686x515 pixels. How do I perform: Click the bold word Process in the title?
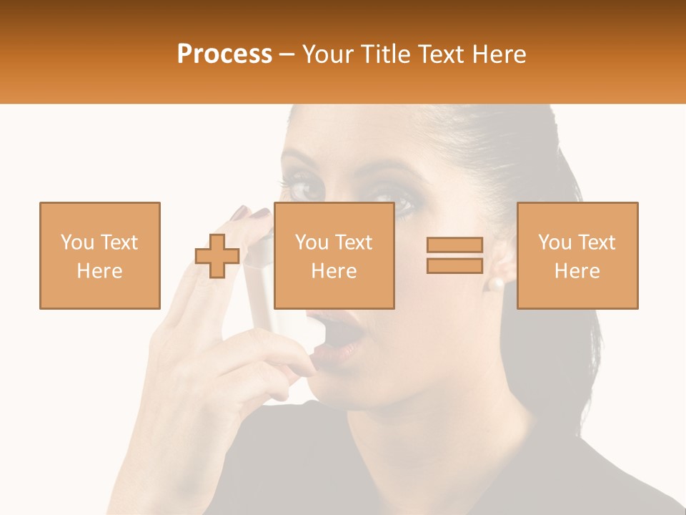pos(224,54)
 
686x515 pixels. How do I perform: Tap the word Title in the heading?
pos(385,54)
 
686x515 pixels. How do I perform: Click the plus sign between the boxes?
pos(217,256)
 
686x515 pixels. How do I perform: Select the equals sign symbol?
pos(454,255)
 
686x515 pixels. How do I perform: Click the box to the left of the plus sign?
pos(100,255)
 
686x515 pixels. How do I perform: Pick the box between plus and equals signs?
pos(334,255)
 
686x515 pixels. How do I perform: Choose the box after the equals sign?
pos(577,255)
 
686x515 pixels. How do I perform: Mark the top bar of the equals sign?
pos(454,245)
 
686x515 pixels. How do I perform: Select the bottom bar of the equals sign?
pos(454,265)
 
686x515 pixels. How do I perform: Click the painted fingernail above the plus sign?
pos(241,212)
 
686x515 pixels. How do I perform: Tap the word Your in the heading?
pos(327,54)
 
